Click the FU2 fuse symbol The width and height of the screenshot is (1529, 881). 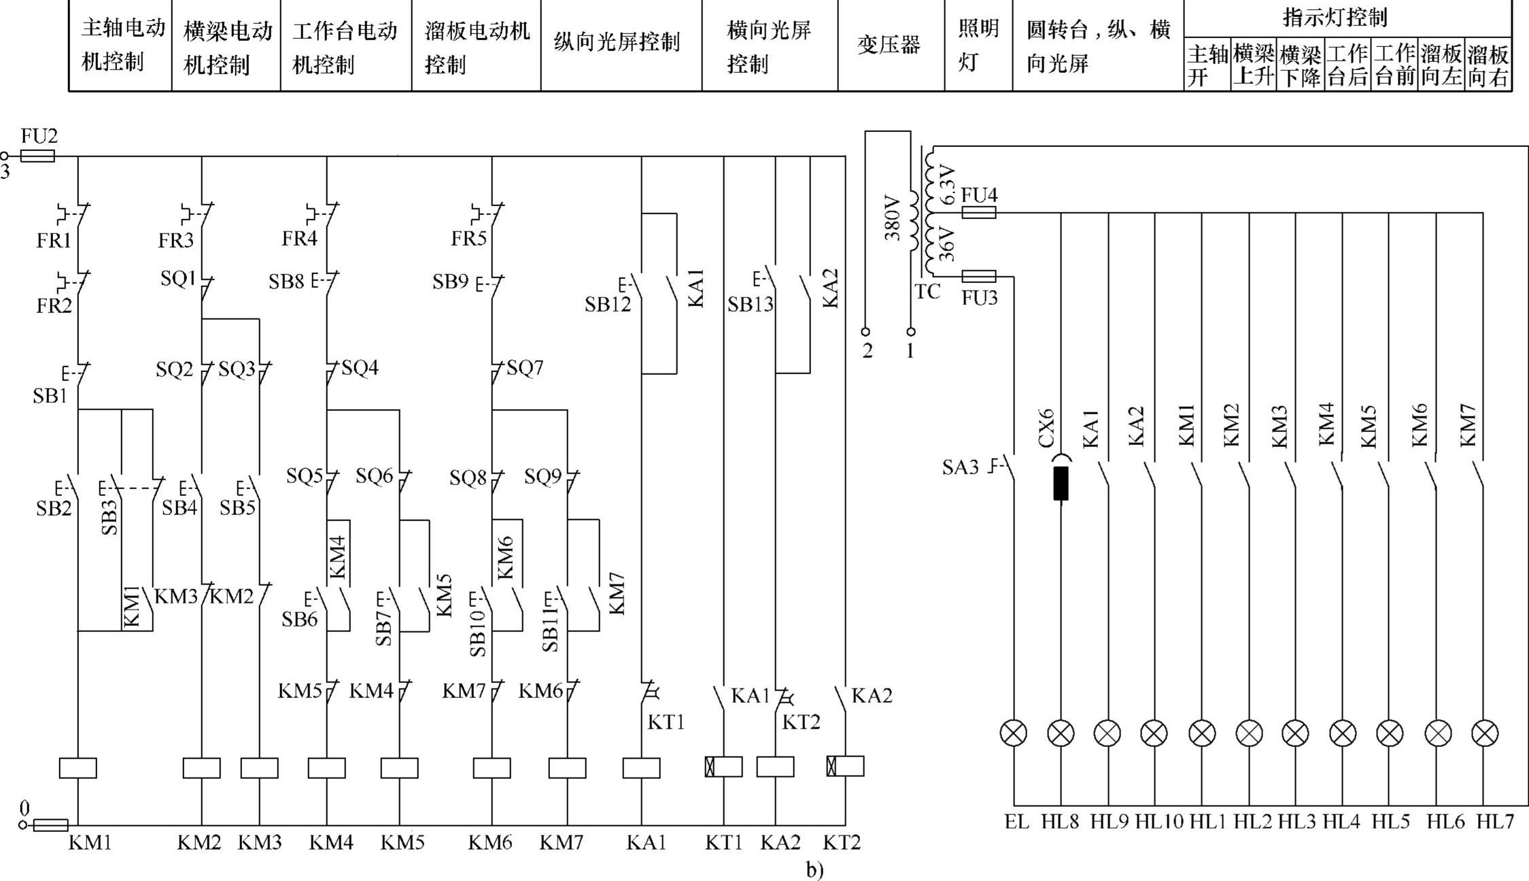coord(37,156)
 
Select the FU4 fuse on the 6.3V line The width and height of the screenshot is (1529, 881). coord(979,212)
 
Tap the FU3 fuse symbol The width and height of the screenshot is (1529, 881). coord(979,276)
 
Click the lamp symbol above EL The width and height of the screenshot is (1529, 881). coord(1014,733)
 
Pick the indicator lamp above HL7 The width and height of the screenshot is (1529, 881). coord(1484,733)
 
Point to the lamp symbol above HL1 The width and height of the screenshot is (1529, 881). coord(1202,733)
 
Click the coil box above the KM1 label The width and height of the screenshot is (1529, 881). coord(78,767)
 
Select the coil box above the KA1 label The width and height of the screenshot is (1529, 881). coord(641,767)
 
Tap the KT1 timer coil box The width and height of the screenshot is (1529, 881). coord(723,767)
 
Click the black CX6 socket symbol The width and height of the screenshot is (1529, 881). coord(1061,482)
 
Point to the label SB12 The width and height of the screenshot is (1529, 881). coord(608,305)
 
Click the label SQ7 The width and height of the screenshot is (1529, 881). coord(525,368)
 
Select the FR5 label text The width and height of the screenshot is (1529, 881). coord(468,239)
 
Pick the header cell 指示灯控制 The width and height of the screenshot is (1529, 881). coord(1335,17)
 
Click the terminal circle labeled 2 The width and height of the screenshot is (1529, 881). coord(865,332)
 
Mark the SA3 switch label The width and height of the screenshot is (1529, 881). coord(960,467)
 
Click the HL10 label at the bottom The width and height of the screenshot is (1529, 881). coord(1159,822)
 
